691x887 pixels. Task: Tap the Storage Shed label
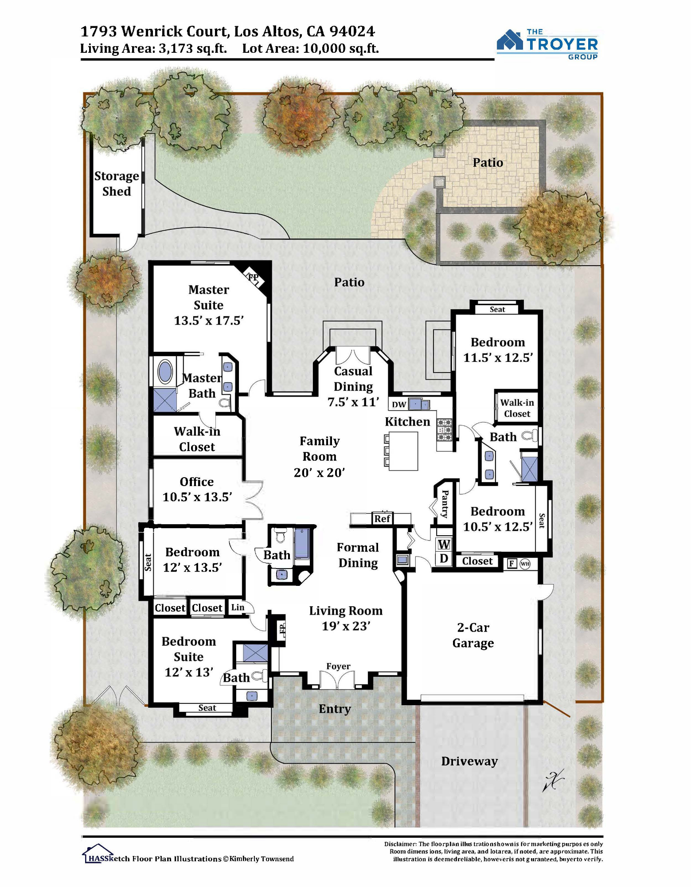117,184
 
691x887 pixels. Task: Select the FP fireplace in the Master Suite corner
254,278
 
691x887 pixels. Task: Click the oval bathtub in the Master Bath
165,372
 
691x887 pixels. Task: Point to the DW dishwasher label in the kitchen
399,404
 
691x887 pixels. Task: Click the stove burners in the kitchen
445,430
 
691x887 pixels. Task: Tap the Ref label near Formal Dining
382,518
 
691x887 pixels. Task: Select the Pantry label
445,504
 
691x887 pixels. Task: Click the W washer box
444,544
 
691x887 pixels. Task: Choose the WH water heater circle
525,564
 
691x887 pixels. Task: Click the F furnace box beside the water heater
512,564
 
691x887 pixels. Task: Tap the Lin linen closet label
238,607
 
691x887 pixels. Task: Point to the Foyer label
338,666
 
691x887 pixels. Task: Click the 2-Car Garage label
473,636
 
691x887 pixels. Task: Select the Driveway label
469,761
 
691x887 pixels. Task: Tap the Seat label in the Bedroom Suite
207,708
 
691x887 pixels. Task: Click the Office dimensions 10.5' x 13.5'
197,497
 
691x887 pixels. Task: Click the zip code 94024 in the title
352,31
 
